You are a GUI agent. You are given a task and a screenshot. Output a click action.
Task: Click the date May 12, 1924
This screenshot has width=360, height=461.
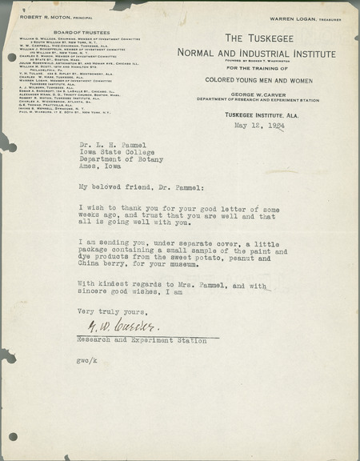pyautogui.click(x=260, y=126)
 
